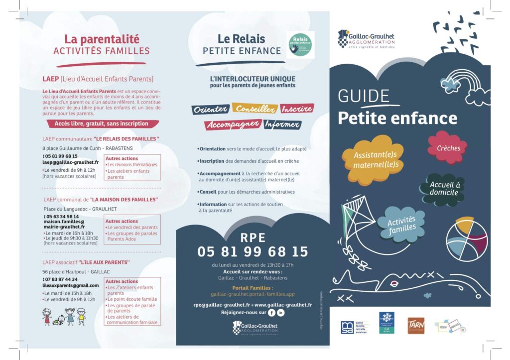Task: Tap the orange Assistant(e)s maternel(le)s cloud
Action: pos(372,159)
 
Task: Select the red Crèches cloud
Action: pos(447,147)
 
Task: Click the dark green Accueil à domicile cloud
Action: pos(445,188)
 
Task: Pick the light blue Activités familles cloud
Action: pos(402,224)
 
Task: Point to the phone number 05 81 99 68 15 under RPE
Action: pos(253,251)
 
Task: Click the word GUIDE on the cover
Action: pos(364,96)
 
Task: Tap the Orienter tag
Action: pos(210,109)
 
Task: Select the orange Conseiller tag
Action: pos(255,109)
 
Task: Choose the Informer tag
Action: pos(282,124)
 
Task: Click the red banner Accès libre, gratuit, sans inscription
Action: pos(104,123)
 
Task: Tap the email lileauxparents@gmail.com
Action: pos(70,285)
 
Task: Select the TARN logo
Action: pos(416,325)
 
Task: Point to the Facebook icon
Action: pos(271,313)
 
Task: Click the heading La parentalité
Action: pos(102,39)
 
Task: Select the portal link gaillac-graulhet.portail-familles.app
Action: pos(253,294)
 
